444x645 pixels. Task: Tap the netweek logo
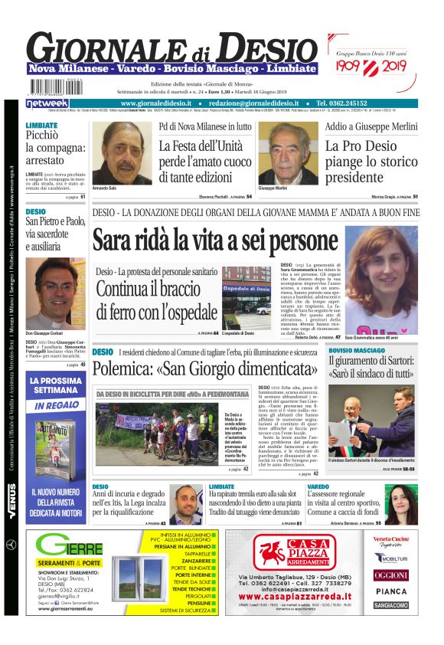(47, 103)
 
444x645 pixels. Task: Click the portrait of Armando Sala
(121, 152)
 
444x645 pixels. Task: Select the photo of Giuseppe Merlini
(288, 153)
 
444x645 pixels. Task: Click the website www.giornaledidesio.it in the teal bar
(160, 103)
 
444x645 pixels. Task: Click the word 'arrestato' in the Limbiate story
(44, 160)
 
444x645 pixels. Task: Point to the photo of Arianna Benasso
(401, 502)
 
